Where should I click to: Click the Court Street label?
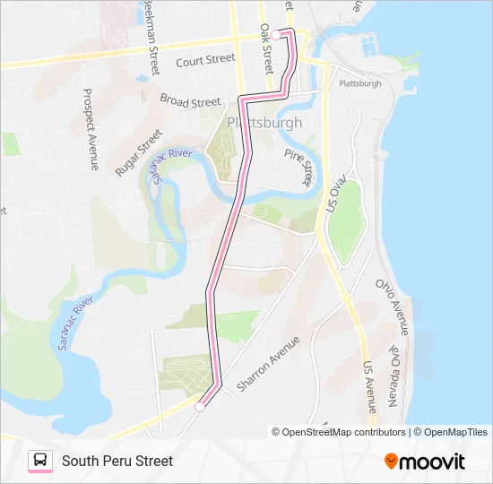pyautogui.click(x=205, y=60)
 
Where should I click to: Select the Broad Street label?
pyautogui.click(x=191, y=100)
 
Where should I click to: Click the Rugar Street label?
pyautogui.click(x=139, y=151)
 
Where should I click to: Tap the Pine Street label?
pyautogui.click(x=298, y=168)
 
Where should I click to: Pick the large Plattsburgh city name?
pyautogui.click(x=264, y=122)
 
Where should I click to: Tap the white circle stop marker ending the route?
pyautogui.click(x=200, y=406)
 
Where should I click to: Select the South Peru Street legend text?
pyautogui.click(x=117, y=461)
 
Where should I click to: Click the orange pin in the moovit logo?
pyautogui.click(x=392, y=462)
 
